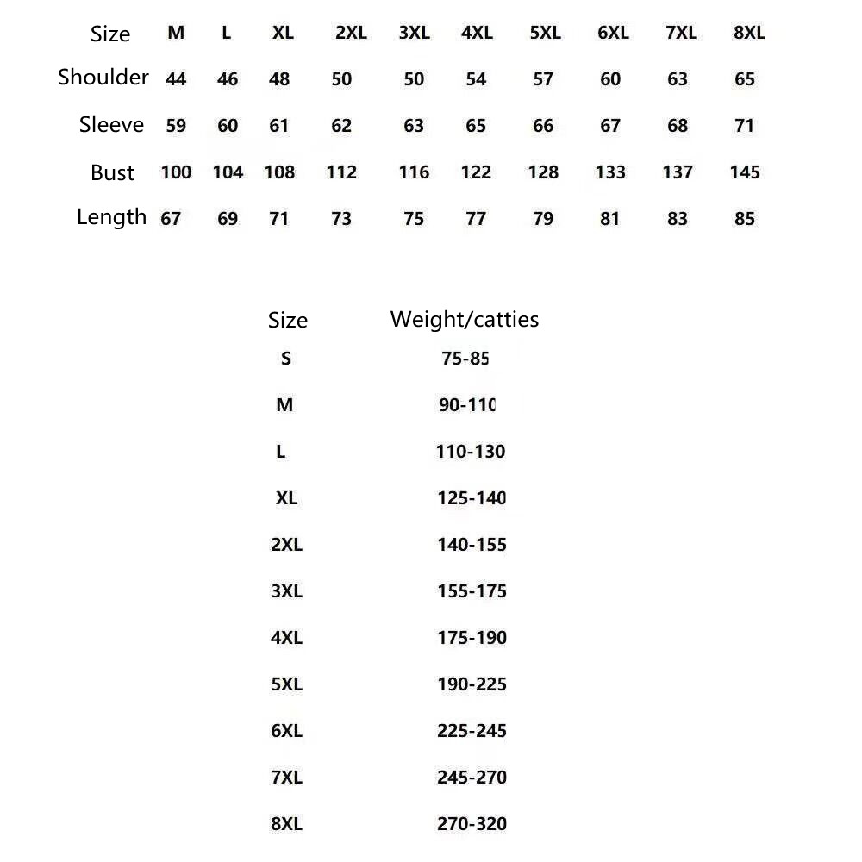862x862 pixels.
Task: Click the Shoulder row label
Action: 103,78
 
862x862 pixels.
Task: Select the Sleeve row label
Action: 111,125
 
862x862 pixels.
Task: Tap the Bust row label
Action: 112,172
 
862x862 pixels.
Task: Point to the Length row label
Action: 112,217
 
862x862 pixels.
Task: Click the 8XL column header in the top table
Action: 748,34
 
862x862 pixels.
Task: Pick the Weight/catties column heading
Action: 465,320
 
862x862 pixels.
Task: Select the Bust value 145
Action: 745,172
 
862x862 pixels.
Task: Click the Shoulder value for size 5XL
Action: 543,79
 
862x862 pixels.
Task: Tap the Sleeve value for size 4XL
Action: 476,126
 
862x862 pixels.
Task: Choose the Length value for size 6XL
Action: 610,219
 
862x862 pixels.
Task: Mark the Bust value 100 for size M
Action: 176,172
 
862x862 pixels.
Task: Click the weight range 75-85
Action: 465,359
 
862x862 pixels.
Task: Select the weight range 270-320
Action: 472,824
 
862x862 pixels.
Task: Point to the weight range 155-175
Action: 472,591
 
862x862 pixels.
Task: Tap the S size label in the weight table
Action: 286,359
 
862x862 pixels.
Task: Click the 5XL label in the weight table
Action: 286,684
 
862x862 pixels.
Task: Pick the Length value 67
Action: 171,219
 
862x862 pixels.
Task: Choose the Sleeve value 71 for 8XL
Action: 745,126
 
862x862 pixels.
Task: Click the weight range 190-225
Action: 472,684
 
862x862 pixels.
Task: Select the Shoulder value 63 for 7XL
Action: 678,79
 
